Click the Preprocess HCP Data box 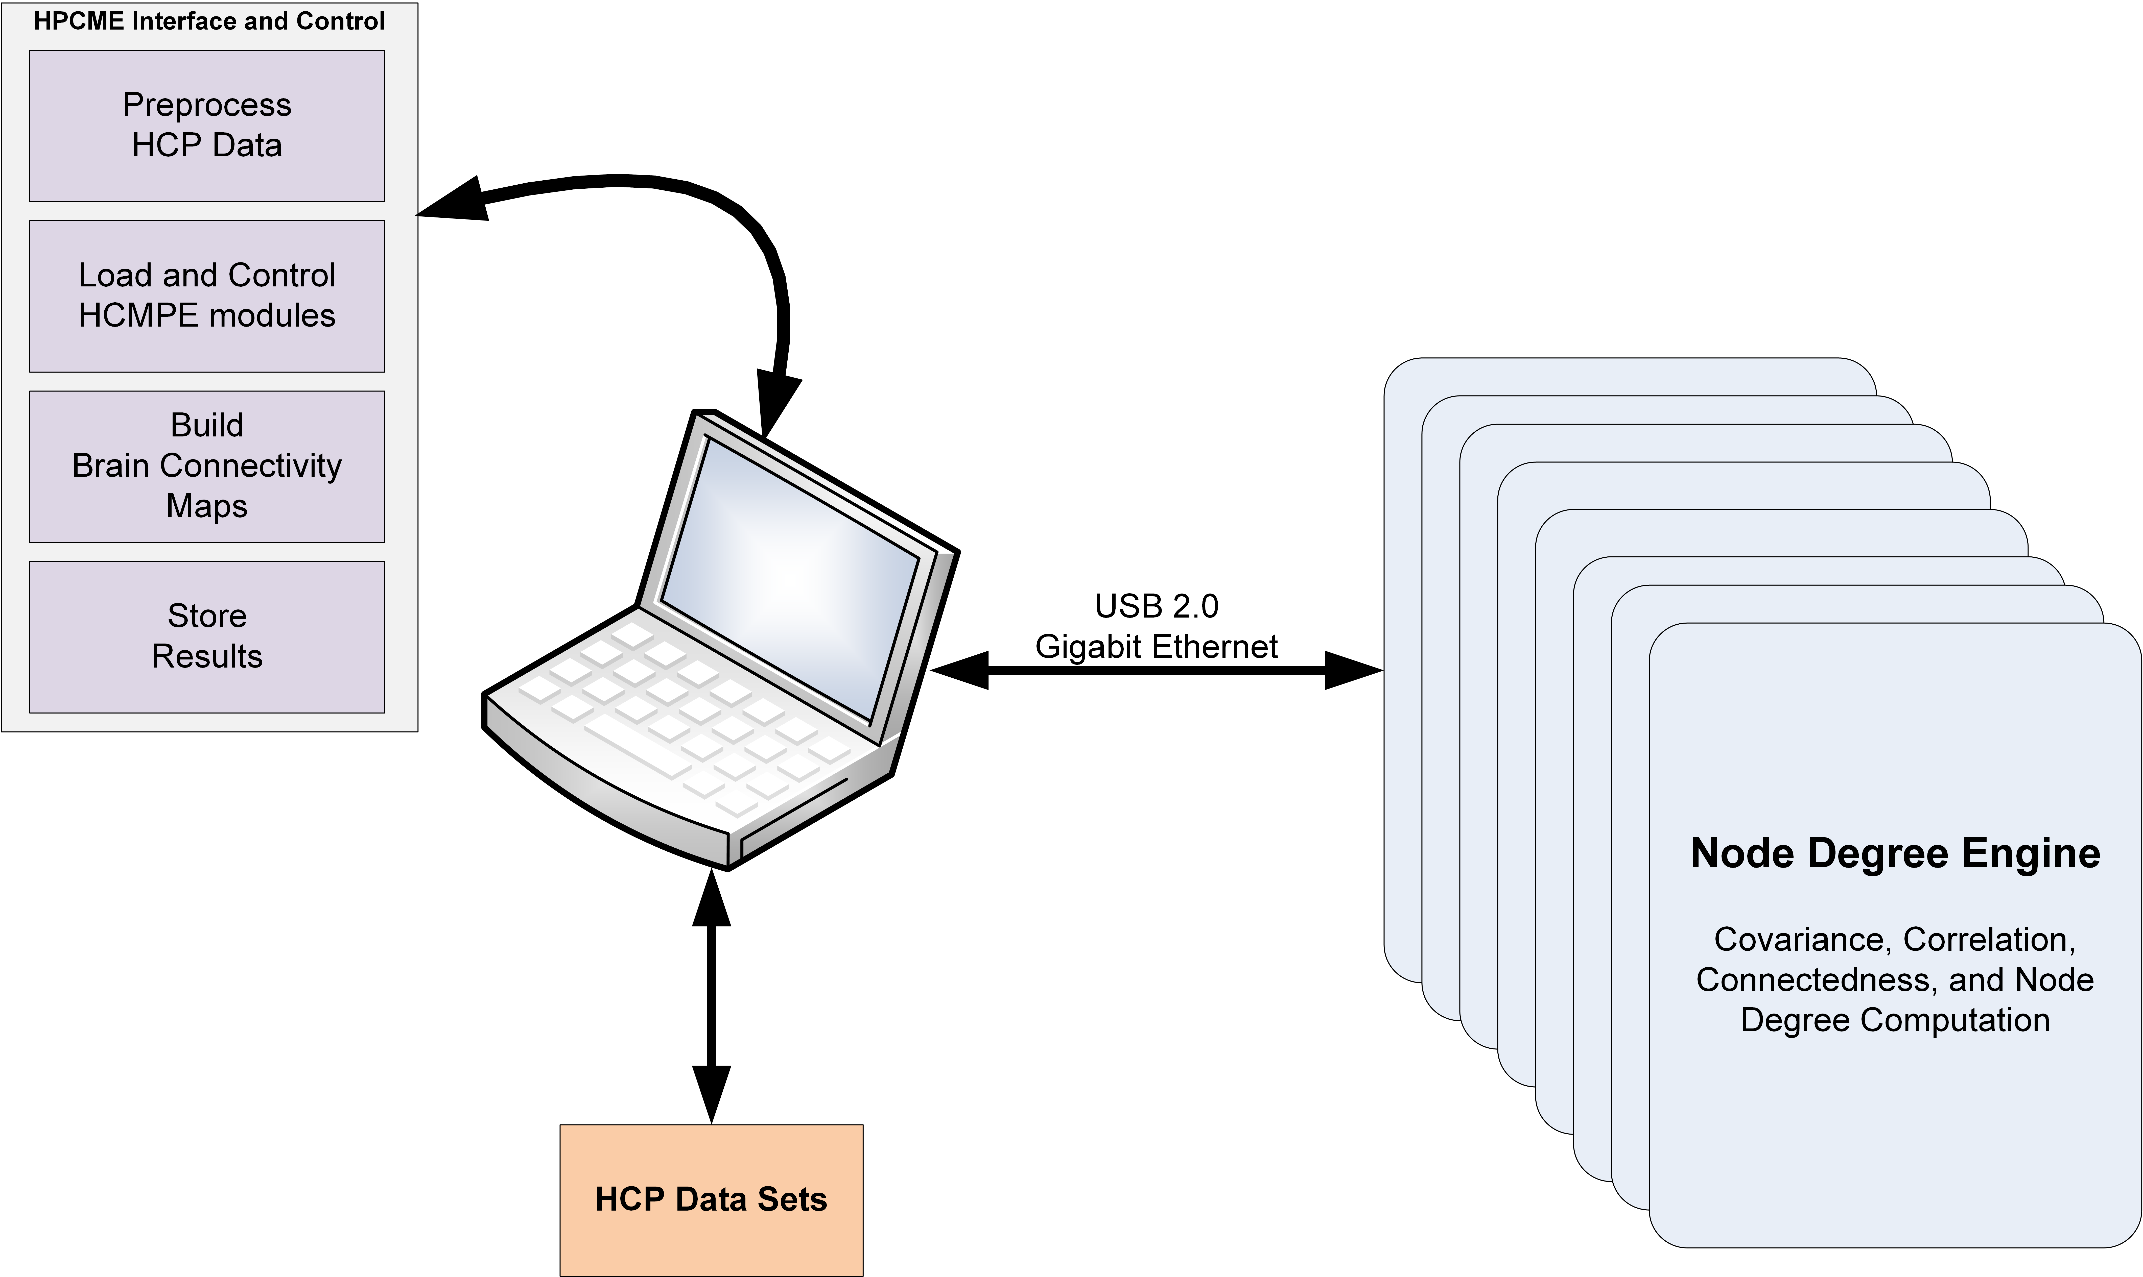[206, 126]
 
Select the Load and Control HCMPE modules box [206, 296]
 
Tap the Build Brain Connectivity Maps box [206, 466]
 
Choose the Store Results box [206, 637]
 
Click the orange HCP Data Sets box [711, 1199]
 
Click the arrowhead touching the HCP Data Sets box [711, 1093]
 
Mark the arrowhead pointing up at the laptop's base [711, 899]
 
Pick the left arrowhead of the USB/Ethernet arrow [960, 670]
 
